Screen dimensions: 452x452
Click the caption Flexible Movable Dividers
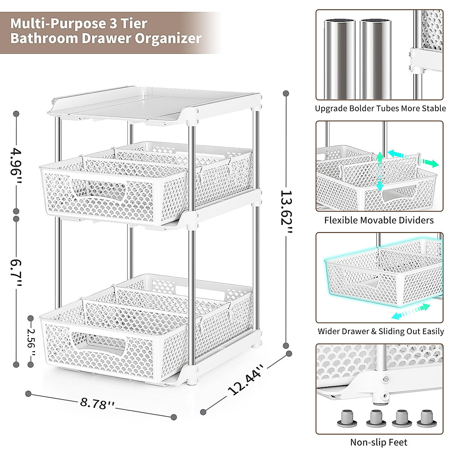pyautogui.click(x=379, y=220)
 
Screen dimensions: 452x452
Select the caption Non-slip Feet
pyautogui.click(x=379, y=443)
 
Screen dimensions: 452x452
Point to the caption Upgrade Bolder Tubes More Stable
pyautogui.click(x=380, y=109)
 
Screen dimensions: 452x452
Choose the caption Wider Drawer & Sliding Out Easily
pyautogui.click(x=380, y=331)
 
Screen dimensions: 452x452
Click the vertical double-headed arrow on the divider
pyautogui.click(x=380, y=171)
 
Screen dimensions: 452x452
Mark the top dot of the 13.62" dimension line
pyautogui.click(x=286, y=93)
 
